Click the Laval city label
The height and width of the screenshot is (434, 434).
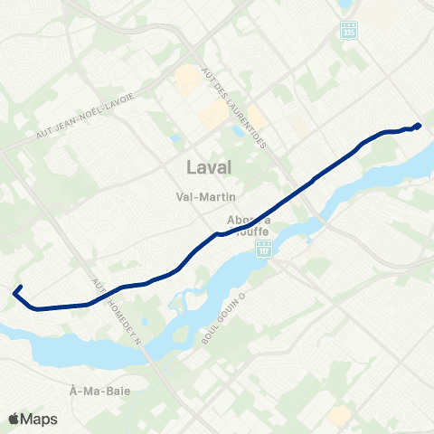pos(208,167)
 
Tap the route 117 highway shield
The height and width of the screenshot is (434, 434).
pos(263,248)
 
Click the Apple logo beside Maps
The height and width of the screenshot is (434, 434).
pos(14,419)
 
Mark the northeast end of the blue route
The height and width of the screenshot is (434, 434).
pos(419,125)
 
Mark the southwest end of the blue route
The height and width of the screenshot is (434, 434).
pos(14,291)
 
